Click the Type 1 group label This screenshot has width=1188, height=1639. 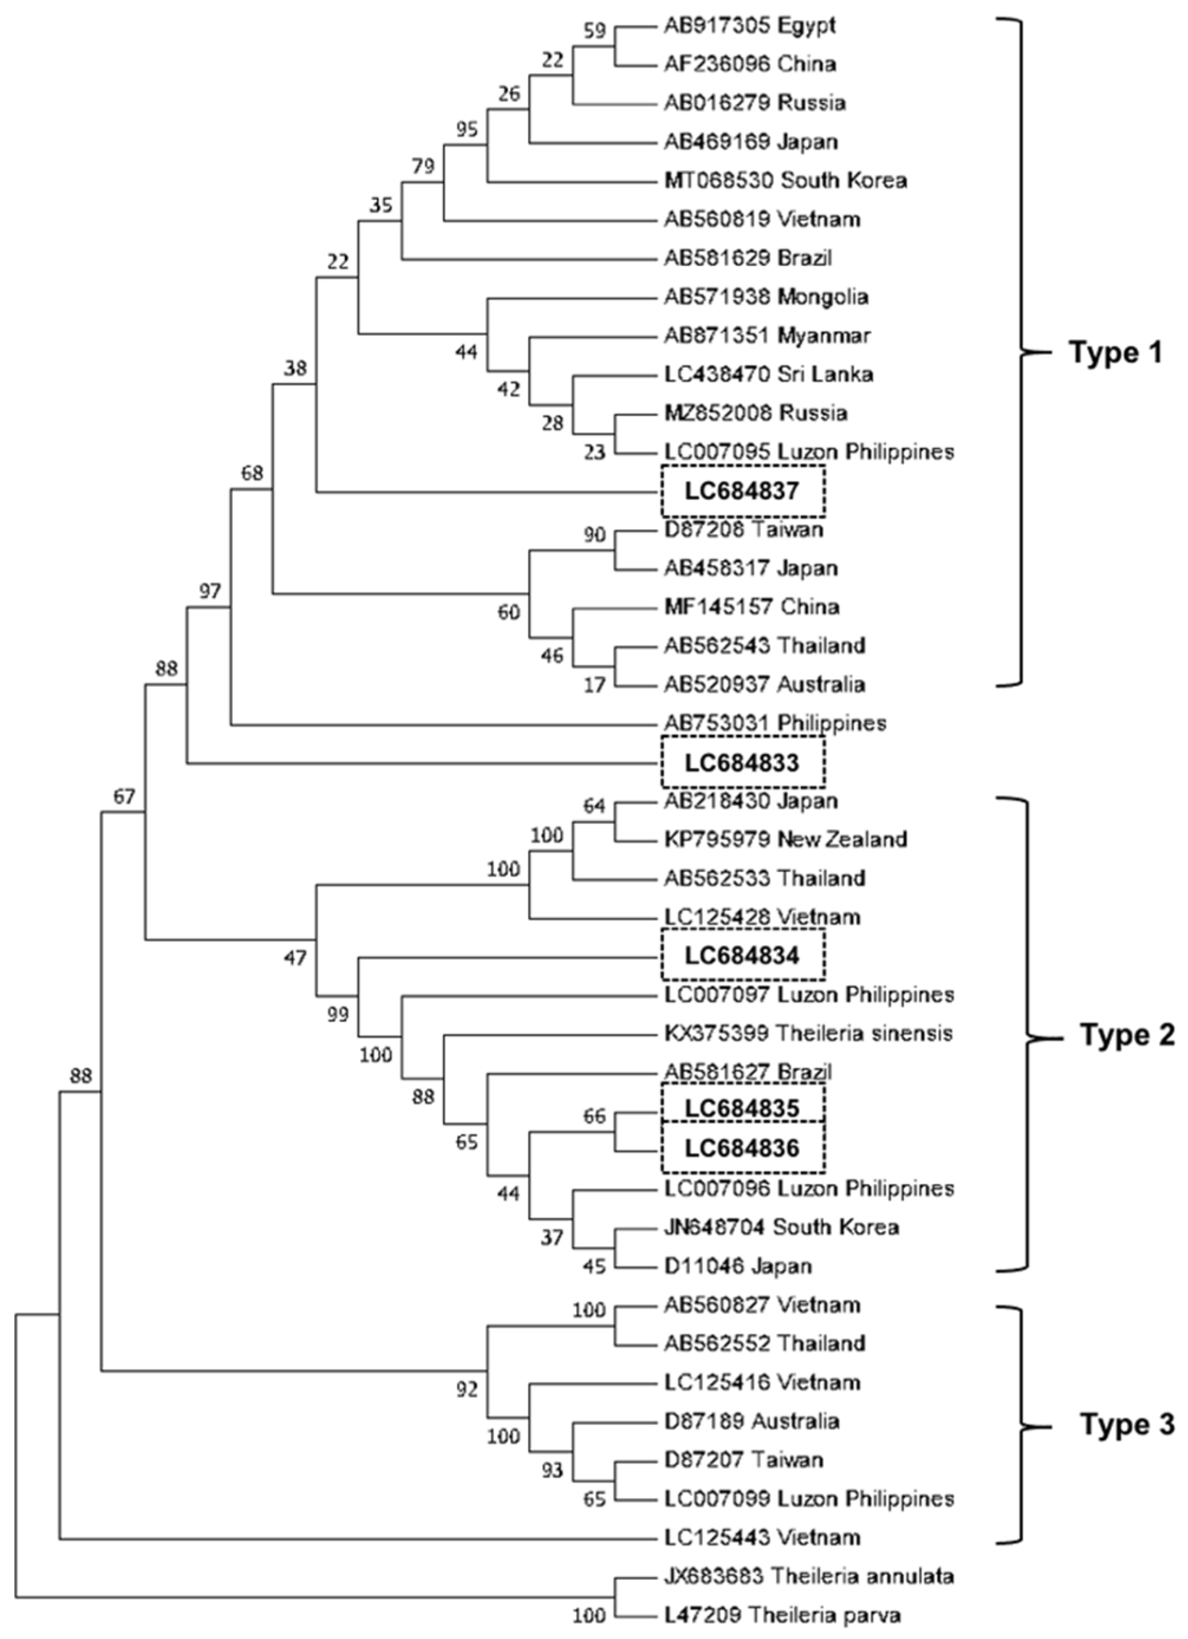point(1115,353)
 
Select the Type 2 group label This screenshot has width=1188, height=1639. point(1127,1035)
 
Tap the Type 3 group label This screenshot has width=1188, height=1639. point(1127,1425)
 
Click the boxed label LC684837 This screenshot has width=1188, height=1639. point(742,491)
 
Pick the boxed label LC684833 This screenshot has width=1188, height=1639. point(742,763)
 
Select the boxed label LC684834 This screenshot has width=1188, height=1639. point(742,956)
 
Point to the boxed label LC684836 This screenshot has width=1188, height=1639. point(742,1148)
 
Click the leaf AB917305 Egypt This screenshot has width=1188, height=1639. point(749,25)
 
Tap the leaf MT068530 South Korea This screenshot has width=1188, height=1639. point(785,180)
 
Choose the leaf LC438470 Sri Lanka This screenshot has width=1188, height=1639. point(768,374)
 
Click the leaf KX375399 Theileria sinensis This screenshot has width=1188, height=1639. point(808,1034)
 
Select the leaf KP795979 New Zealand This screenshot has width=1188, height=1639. point(785,839)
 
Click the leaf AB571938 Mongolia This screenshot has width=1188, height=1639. point(766,296)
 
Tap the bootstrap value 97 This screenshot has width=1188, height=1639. point(210,592)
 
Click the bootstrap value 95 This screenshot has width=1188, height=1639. point(467,129)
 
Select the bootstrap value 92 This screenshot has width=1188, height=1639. point(467,1390)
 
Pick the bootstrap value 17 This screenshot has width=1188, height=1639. point(595,683)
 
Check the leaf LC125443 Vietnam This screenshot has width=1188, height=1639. point(762,1536)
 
